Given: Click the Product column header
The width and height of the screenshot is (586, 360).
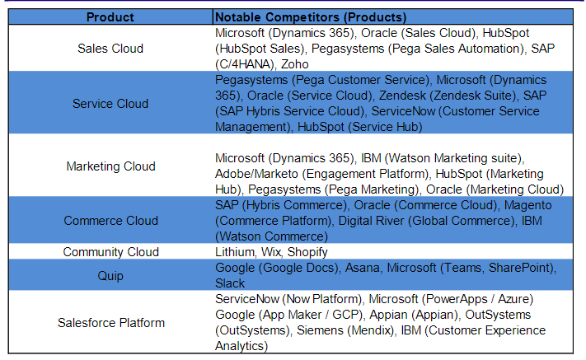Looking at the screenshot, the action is [x=110, y=17].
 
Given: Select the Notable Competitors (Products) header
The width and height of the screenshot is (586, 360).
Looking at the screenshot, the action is [x=311, y=17].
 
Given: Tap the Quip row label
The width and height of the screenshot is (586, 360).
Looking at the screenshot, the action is [x=110, y=276].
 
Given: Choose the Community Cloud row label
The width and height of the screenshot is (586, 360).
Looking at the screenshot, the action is [x=111, y=252].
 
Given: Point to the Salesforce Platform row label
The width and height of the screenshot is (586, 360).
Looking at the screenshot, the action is [x=111, y=323].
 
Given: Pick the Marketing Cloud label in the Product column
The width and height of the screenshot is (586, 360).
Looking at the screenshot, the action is [x=111, y=166].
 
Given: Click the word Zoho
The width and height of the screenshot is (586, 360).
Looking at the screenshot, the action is [x=295, y=64].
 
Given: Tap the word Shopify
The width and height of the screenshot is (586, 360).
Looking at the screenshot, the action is [x=307, y=252].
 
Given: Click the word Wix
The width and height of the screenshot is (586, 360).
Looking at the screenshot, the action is [x=271, y=252].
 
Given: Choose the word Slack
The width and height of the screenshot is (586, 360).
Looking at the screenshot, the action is [x=230, y=283].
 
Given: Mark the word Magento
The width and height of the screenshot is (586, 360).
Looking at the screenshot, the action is [x=527, y=205].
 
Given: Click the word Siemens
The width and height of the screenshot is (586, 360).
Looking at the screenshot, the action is [x=320, y=330].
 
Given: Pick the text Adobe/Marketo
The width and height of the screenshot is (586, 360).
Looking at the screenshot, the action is [x=257, y=174].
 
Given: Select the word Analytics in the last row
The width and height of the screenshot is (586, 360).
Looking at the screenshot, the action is [x=240, y=346].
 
